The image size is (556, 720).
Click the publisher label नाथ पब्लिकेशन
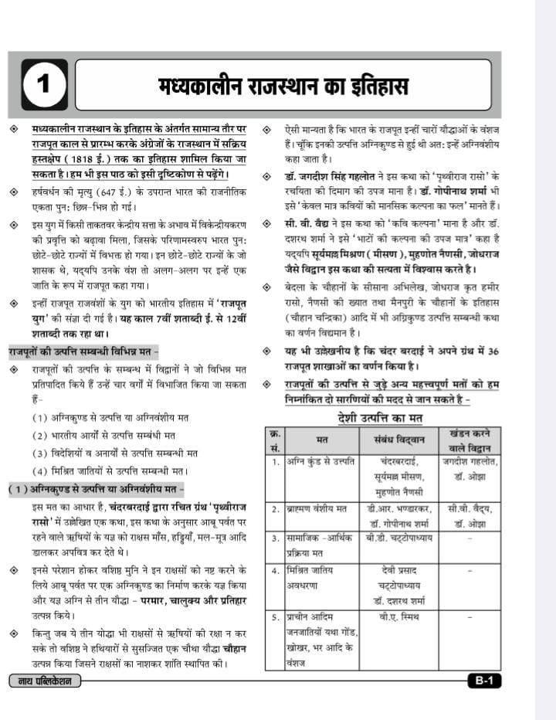[46, 681]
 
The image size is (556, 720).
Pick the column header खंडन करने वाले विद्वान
[470, 440]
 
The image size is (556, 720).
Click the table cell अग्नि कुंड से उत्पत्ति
[314, 462]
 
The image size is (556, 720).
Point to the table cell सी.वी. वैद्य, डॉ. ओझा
[470, 515]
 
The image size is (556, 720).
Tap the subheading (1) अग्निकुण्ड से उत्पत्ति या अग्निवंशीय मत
[96, 489]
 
